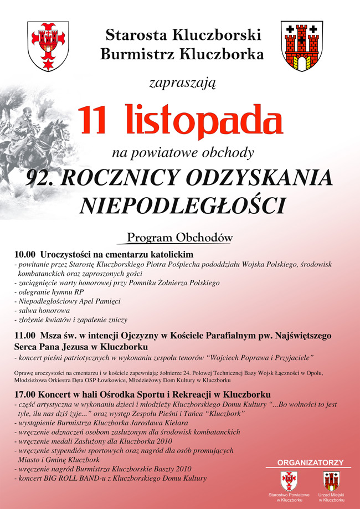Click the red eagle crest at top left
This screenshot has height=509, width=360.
[x=48, y=47]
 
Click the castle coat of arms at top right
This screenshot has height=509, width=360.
[x=301, y=47]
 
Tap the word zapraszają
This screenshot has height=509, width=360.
[x=182, y=84]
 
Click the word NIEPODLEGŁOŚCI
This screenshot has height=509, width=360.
[x=182, y=204]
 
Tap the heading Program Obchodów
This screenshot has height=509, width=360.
[x=180, y=238]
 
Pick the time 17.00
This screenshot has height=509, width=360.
[x=25, y=395]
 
